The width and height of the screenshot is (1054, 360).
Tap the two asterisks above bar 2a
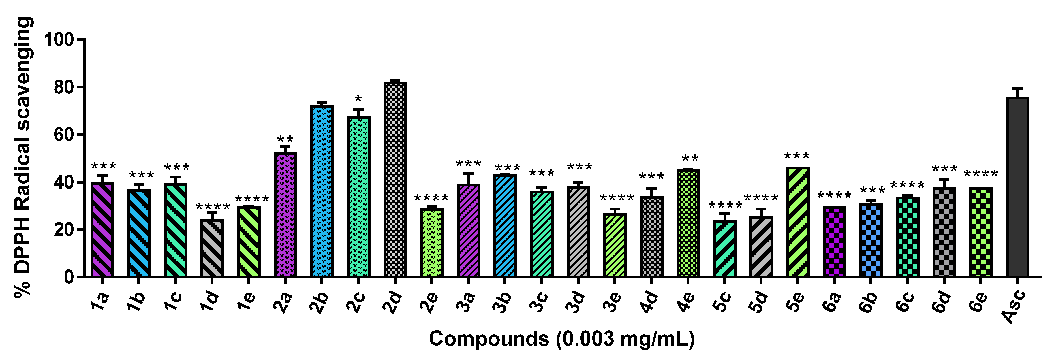click(285, 140)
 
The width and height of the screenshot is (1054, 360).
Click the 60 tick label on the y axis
click(64, 135)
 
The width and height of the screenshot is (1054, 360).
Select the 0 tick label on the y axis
click(69, 277)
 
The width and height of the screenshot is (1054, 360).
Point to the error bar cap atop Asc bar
click(1017, 88)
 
